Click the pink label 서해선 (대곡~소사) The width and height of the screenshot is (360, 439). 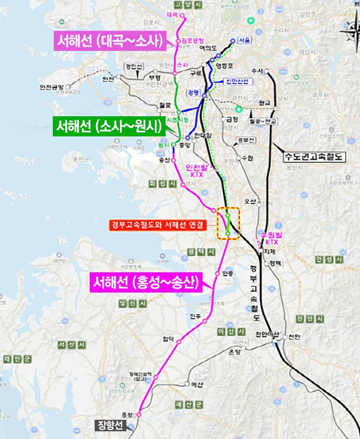click(x=109, y=41)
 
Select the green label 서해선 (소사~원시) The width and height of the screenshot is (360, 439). click(x=109, y=127)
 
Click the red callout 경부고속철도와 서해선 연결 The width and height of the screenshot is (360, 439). click(x=157, y=225)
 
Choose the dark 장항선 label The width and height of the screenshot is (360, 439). click(x=110, y=425)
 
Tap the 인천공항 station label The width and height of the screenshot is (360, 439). click(x=52, y=87)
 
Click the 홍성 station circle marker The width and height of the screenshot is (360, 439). click(x=139, y=414)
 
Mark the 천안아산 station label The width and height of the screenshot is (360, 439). click(x=267, y=334)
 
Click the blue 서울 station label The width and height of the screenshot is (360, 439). click(x=244, y=41)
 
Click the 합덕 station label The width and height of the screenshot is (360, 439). click(x=168, y=339)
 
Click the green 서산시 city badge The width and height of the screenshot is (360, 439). click(x=71, y=345)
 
